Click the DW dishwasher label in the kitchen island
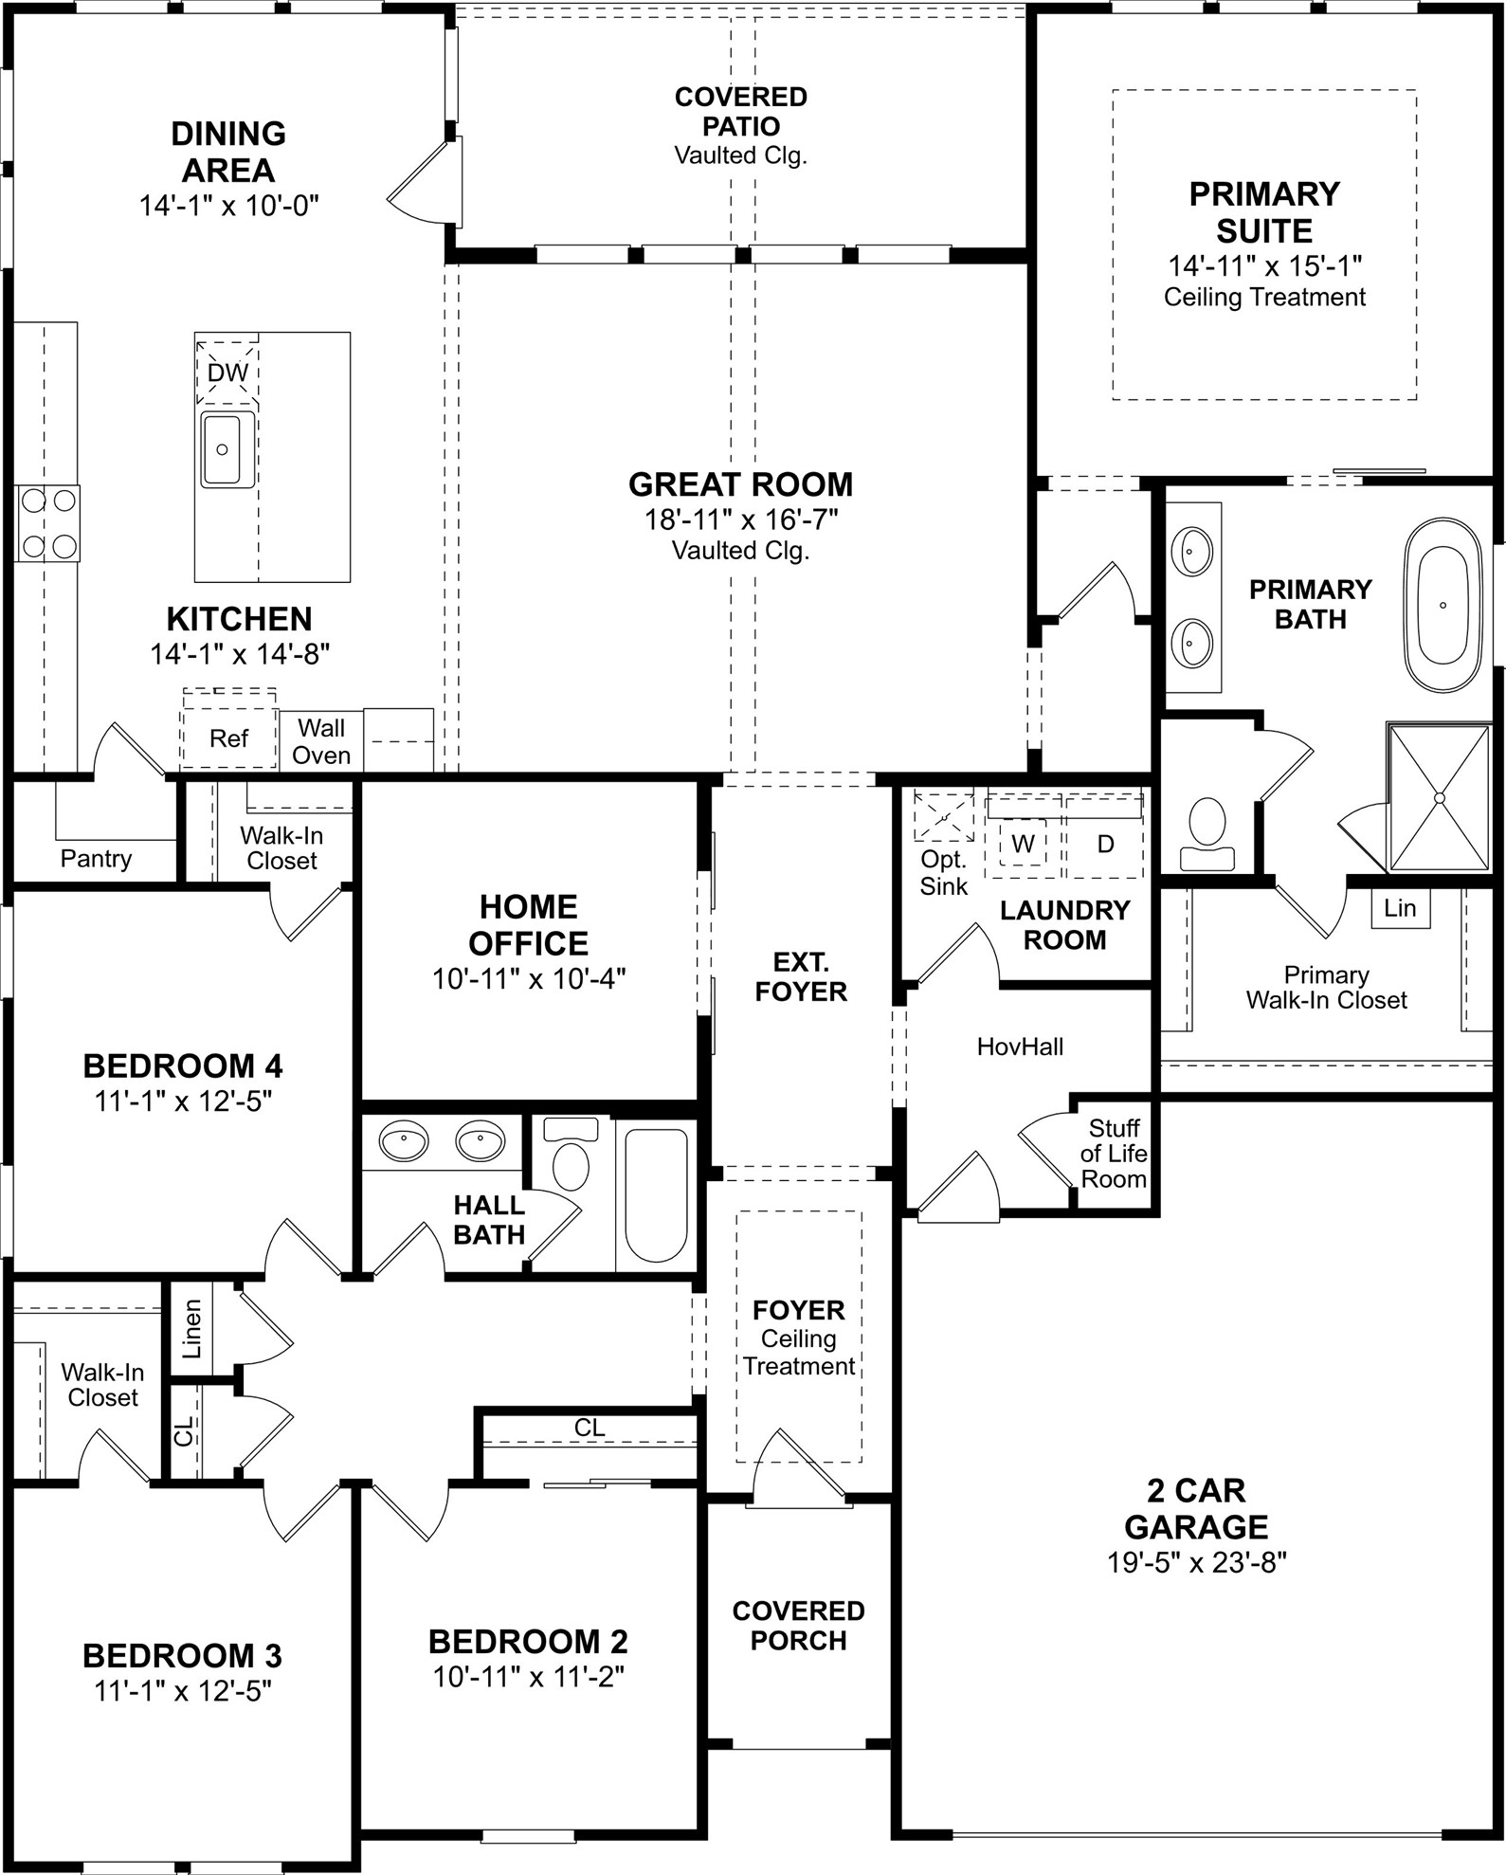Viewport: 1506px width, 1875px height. pyautogui.click(x=227, y=373)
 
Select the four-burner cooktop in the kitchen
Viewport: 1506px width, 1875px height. pyautogui.click(x=48, y=523)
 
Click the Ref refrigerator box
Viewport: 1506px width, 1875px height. pyautogui.click(x=228, y=737)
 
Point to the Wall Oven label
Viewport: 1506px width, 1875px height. pyautogui.click(x=321, y=741)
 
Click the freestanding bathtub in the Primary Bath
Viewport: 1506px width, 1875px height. pyautogui.click(x=1442, y=605)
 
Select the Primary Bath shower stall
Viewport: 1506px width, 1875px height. pyautogui.click(x=1439, y=797)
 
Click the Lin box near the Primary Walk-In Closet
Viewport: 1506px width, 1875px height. pyautogui.click(x=1400, y=908)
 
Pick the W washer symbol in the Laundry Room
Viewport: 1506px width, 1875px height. pyautogui.click(x=1023, y=844)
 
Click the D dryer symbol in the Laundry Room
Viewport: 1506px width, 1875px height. pyautogui.click(x=1105, y=844)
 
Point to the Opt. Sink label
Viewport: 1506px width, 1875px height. pyautogui.click(x=944, y=873)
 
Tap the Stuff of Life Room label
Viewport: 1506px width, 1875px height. pyautogui.click(x=1114, y=1154)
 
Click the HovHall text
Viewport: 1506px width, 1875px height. pyautogui.click(x=1020, y=1047)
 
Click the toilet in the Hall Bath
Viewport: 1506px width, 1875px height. pyautogui.click(x=570, y=1156)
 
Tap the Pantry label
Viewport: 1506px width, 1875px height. pyautogui.click(x=96, y=859)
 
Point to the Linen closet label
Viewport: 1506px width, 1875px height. pyautogui.click(x=192, y=1328)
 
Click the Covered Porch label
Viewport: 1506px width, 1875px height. pyautogui.click(x=798, y=1625)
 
